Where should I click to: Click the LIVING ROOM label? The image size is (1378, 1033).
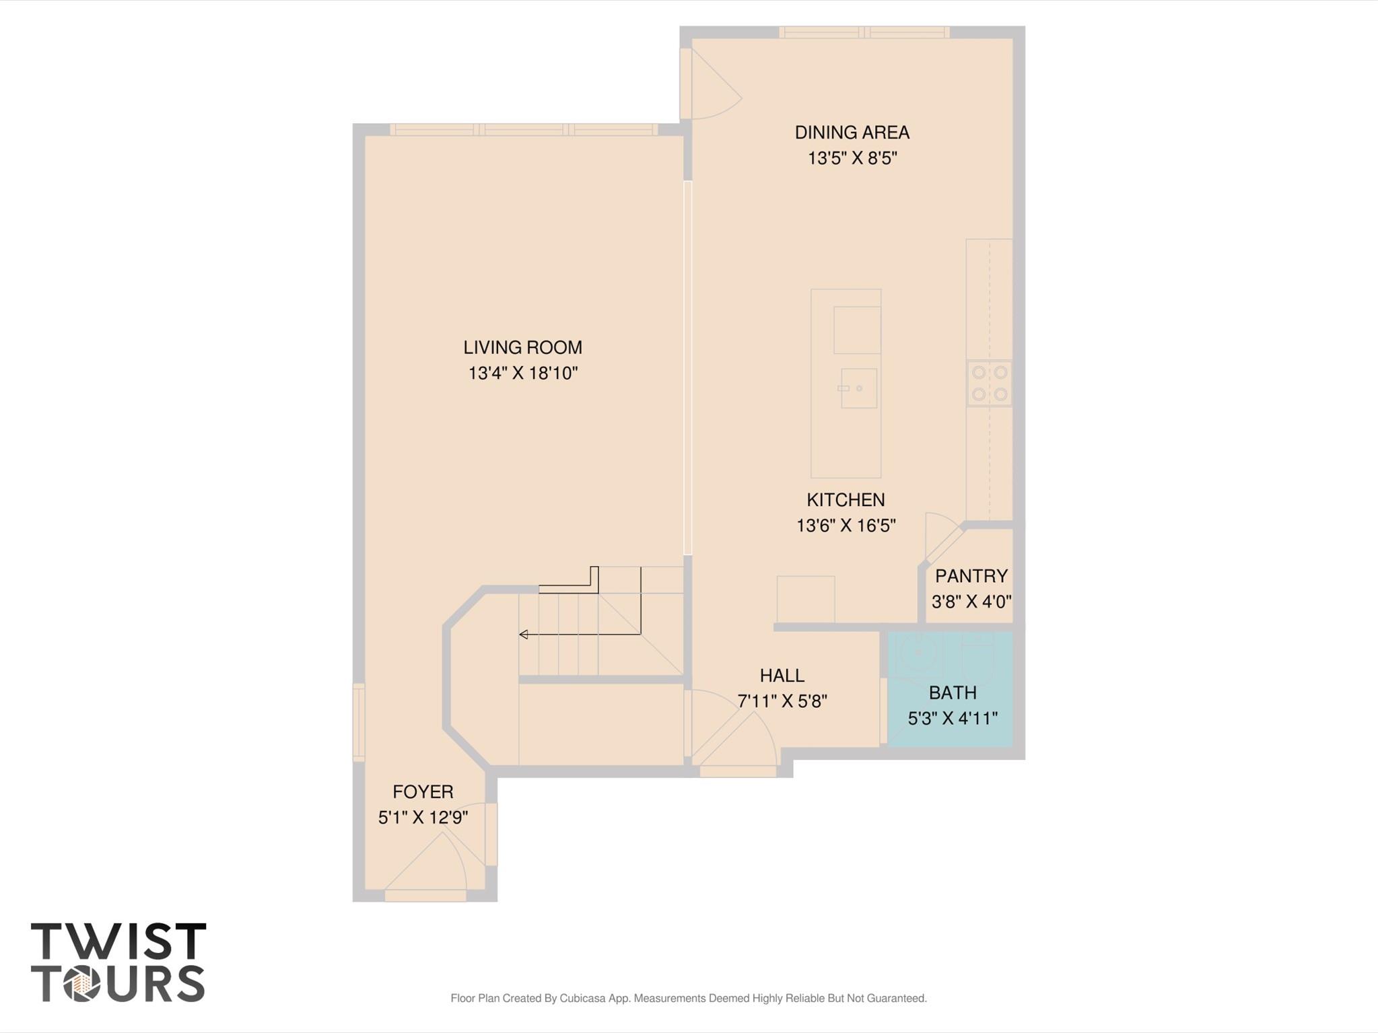522,347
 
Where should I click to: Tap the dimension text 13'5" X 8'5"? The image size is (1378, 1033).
852,158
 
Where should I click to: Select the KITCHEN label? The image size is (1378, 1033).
846,500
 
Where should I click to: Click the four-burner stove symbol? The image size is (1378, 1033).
990,383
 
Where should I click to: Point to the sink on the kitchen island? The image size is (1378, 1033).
858,388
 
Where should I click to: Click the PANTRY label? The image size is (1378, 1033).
971,576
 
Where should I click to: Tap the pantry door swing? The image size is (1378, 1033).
941,535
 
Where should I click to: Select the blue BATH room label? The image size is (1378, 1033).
952,692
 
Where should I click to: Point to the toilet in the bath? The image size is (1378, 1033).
977,656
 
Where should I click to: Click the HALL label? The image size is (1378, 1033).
782,675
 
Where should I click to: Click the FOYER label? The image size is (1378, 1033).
423,791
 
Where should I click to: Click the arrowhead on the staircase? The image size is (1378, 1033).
523,635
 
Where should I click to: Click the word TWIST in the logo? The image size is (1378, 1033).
118,941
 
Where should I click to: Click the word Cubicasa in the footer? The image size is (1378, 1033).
583,998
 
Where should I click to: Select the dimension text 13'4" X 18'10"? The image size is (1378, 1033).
522,373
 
